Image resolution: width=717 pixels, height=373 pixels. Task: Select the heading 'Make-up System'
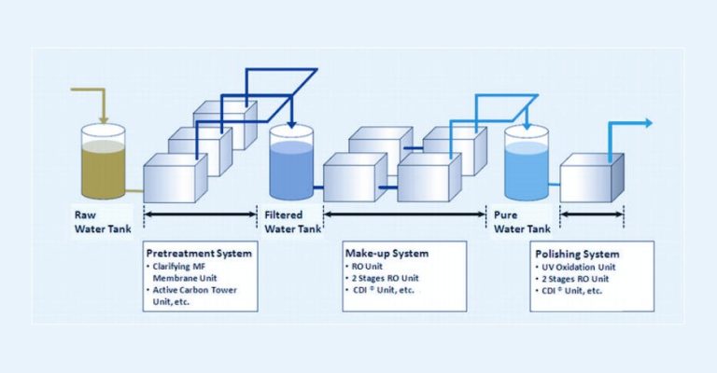coord(386,253)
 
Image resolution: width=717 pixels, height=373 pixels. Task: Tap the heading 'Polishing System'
coord(577,253)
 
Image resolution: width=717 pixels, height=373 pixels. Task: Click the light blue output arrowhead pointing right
coord(647,123)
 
